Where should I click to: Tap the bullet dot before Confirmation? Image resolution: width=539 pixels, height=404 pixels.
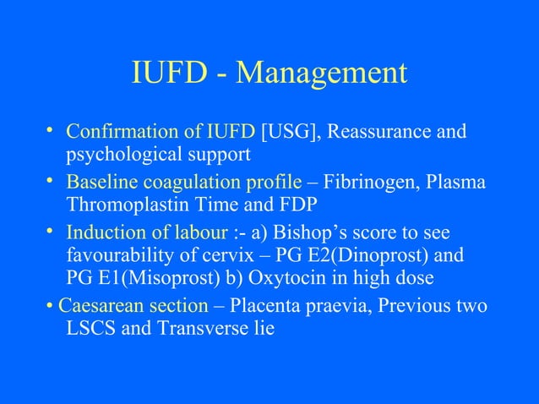(50, 131)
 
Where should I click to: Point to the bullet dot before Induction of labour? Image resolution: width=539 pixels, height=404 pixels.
(50, 230)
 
